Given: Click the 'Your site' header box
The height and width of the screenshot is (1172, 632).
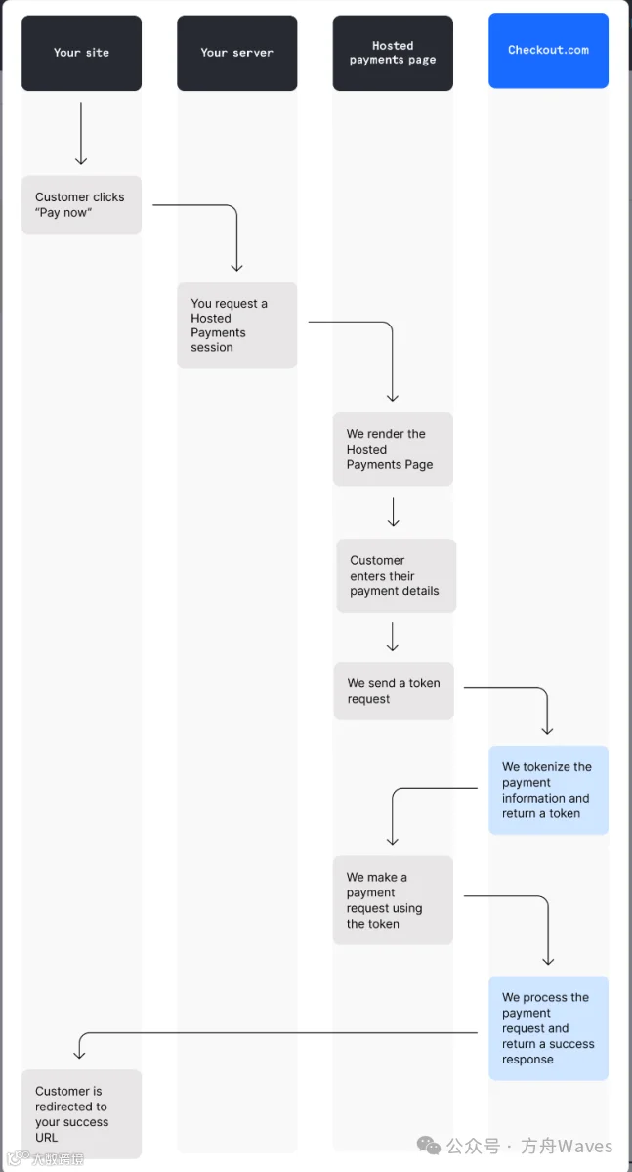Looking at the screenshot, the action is click(81, 53).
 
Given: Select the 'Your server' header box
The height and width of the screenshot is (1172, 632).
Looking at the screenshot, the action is click(236, 53).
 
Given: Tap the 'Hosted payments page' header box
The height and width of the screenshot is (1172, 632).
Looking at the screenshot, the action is click(393, 53).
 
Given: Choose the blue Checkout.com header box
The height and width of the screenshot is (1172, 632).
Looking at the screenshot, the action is click(548, 51).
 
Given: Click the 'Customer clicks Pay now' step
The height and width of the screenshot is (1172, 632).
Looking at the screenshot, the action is click(81, 205).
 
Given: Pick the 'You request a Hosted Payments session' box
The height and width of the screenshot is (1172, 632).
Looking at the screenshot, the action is click(236, 326).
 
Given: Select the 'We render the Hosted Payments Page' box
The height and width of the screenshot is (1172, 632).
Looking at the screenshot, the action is click(393, 450).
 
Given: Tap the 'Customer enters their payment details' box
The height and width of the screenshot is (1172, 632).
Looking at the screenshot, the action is click(396, 576).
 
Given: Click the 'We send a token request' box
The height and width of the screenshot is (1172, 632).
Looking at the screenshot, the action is click(394, 691).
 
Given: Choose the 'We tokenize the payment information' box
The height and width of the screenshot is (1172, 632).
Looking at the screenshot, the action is click(548, 790).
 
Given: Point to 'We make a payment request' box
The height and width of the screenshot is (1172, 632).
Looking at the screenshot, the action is click(393, 900).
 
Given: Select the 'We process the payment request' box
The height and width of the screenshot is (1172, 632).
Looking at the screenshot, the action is click(548, 1027).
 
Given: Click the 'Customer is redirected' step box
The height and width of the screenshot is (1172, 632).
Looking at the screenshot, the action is click(81, 1113).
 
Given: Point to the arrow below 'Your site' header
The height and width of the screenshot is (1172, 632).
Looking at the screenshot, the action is click(81, 133).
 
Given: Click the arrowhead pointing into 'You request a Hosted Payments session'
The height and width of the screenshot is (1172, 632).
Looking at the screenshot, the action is click(236, 266).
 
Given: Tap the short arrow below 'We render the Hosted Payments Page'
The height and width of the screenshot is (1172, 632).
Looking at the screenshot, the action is click(394, 512).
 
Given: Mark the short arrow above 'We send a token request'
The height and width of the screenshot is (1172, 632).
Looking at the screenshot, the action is click(393, 636).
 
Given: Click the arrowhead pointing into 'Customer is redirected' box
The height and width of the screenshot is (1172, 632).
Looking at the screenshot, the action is click(80, 1053).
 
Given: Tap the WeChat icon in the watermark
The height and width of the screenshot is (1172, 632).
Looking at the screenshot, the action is click(429, 1146).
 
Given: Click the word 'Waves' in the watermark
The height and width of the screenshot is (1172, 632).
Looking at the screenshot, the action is click(585, 1146).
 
